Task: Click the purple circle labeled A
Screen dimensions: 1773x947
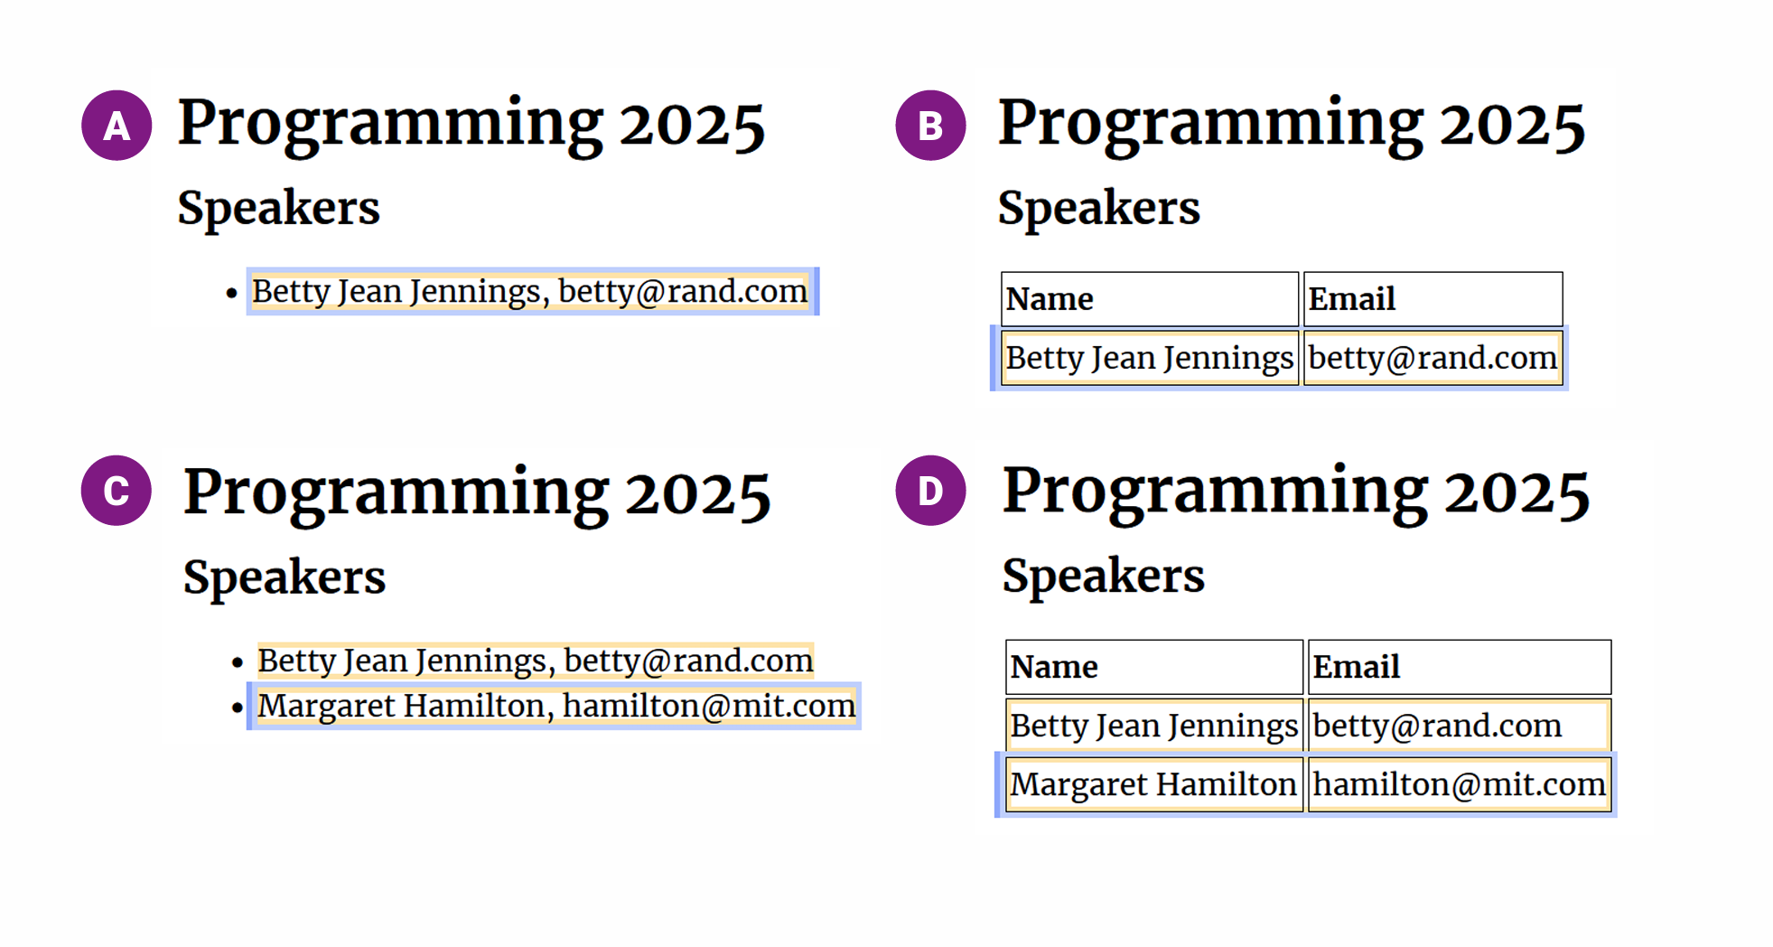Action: click(117, 126)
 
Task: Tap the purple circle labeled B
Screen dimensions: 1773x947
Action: click(930, 126)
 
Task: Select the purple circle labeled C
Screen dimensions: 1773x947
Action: click(117, 491)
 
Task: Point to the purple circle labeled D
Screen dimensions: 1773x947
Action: click(930, 491)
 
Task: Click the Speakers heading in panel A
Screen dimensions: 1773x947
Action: click(278, 209)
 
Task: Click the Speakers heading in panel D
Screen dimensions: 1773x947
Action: click(1103, 577)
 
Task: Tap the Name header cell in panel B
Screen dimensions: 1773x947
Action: click(1150, 299)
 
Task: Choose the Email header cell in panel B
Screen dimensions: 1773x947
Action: click(1432, 299)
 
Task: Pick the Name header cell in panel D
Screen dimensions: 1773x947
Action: click(1154, 667)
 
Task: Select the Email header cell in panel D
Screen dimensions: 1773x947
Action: click(1460, 667)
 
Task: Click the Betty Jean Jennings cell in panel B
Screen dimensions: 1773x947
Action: click(1150, 358)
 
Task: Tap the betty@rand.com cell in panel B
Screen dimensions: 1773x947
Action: click(1432, 358)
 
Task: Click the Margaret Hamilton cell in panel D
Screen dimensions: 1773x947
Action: click(1154, 784)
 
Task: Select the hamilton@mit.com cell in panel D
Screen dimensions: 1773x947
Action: click(1460, 784)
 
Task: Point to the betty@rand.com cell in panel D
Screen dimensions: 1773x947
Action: click(1460, 726)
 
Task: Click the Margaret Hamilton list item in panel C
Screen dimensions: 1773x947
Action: click(555, 706)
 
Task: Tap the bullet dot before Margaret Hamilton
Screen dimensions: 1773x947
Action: click(238, 708)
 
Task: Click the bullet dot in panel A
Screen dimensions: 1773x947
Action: click(232, 293)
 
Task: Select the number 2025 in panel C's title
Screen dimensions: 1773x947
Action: click(697, 495)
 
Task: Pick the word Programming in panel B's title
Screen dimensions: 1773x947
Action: click(1210, 126)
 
